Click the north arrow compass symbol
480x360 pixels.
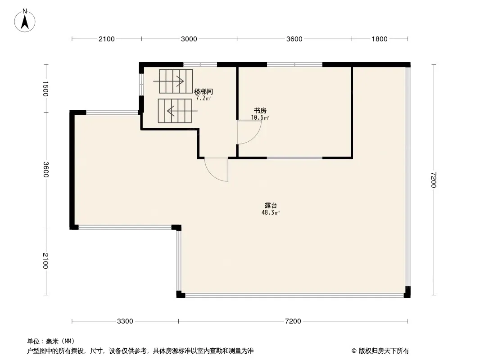point(25,21)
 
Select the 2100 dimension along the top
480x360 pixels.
point(107,39)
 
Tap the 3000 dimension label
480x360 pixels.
point(189,39)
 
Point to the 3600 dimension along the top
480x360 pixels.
point(294,39)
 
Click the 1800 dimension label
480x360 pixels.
point(380,39)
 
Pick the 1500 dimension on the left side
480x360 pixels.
point(45,89)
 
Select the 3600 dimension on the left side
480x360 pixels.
point(45,170)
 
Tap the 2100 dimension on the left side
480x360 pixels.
point(45,261)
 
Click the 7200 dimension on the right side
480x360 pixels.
point(434,180)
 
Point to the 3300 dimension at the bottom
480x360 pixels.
point(125,321)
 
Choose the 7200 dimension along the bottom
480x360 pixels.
point(293,321)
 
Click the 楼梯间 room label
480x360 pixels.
point(204,91)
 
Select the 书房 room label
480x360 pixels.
point(260,110)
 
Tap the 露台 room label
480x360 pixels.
point(271,206)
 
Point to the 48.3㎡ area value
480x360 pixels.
point(271,212)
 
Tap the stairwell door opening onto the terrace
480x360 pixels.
point(217,170)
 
